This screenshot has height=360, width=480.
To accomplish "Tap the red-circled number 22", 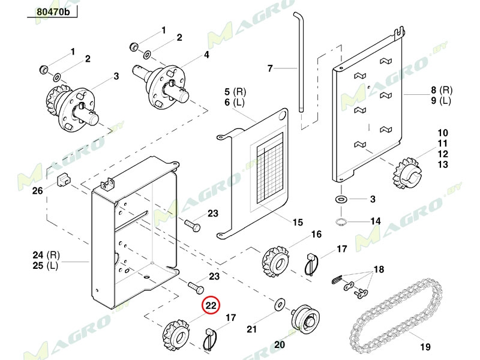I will (x=211, y=306).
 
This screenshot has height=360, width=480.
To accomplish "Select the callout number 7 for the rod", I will (x=270, y=69).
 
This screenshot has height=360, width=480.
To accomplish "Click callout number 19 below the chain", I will (x=425, y=346).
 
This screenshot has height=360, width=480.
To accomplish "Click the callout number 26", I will (x=37, y=191).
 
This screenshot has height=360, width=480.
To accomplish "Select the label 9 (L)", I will (x=440, y=101).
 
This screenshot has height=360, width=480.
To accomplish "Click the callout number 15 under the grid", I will (x=298, y=222).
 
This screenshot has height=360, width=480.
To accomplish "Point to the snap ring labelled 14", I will (x=340, y=223).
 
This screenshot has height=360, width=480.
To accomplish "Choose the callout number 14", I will (x=375, y=221).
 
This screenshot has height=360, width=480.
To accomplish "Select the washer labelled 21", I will (x=279, y=305).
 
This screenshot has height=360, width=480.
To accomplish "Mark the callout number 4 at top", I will (x=206, y=55).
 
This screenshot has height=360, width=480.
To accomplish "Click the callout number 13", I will (x=443, y=164).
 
